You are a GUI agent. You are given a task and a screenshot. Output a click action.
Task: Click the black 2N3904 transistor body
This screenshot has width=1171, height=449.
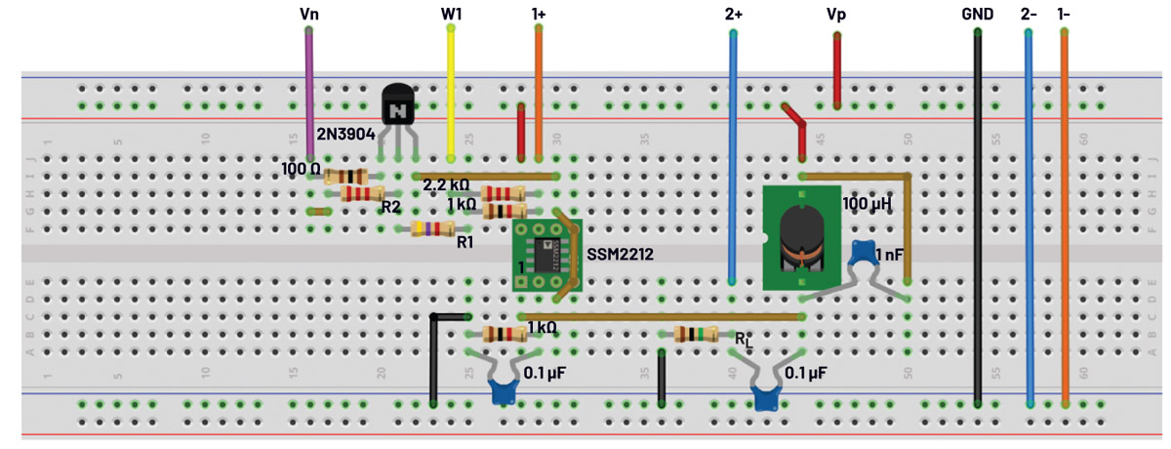tap(397, 103)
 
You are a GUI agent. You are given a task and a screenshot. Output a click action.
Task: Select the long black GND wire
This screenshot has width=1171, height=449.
tap(977, 215)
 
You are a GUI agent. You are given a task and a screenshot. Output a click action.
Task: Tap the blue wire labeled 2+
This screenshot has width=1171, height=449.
tap(732, 156)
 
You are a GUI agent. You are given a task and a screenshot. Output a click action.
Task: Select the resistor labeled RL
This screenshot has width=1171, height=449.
tap(694, 335)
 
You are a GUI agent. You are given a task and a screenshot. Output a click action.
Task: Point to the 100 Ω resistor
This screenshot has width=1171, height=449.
tap(346, 176)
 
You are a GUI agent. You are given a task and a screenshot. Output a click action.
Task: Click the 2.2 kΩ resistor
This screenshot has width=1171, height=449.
tap(502, 192)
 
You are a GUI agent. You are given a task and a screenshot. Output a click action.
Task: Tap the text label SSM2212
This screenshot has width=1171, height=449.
tap(620, 253)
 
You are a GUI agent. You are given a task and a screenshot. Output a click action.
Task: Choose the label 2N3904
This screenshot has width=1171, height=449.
tap(345, 134)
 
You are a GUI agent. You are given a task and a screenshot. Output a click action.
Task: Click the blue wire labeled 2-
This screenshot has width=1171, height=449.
tap(1030, 215)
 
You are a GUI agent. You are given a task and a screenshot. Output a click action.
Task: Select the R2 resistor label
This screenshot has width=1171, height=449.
tap(391, 207)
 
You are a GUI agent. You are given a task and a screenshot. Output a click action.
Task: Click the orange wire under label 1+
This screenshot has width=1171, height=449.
tap(539, 93)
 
